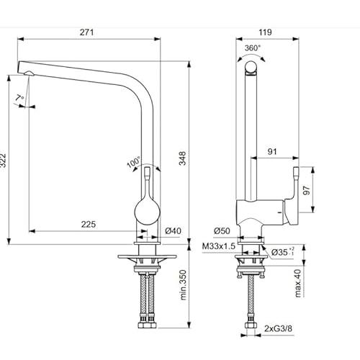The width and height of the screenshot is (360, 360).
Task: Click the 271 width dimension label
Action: pos(86,32)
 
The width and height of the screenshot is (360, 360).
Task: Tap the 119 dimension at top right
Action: pos(265,32)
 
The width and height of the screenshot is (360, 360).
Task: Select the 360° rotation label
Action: pos(252,48)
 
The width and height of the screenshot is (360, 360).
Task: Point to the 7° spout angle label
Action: pos(19,98)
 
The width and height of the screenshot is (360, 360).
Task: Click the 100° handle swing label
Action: pos(134,162)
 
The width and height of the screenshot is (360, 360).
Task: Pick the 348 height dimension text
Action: pos(183,158)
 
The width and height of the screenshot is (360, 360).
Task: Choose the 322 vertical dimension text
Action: pos(3,163)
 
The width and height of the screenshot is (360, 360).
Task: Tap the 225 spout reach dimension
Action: pos(89,225)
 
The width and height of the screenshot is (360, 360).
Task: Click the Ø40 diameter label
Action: pos(174,231)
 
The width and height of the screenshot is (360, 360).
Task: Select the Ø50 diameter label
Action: pos(222,231)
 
